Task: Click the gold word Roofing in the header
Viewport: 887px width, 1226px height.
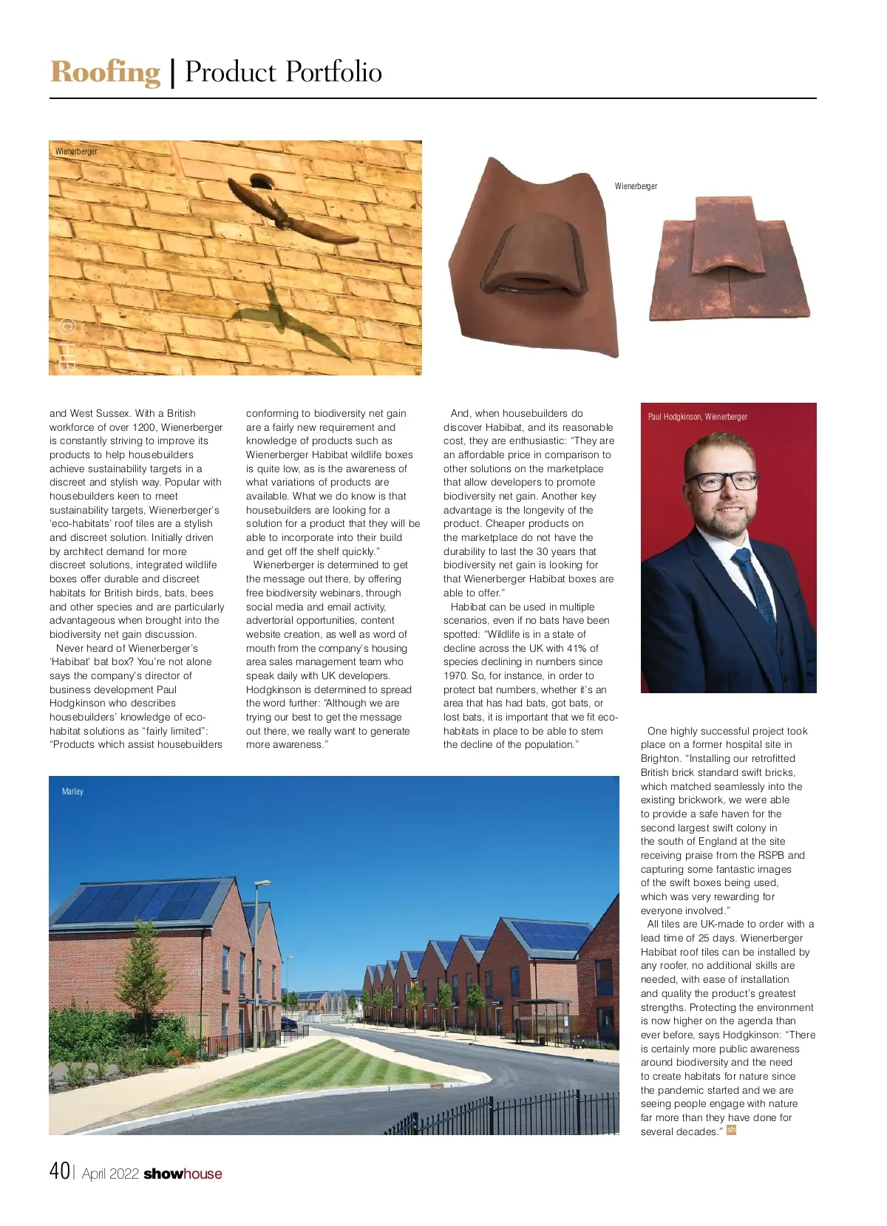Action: pos(105,72)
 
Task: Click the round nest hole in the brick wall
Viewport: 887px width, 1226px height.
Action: pos(260,181)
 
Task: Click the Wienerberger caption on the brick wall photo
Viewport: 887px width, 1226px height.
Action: pos(76,151)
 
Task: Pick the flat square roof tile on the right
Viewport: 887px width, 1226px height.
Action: pos(728,259)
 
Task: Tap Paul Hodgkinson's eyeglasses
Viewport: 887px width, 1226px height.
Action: pos(727,482)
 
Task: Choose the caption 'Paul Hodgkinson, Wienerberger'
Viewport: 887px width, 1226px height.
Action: pos(697,417)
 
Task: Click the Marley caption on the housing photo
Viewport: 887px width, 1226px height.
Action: pos(72,791)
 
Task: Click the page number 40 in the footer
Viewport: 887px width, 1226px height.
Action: pos(60,1171)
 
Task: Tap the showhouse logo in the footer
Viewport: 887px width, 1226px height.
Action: pos(183,1174)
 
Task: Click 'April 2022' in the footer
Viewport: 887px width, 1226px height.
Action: pos(110,1174)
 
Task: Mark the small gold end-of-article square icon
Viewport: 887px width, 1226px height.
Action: pos(732,1130)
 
